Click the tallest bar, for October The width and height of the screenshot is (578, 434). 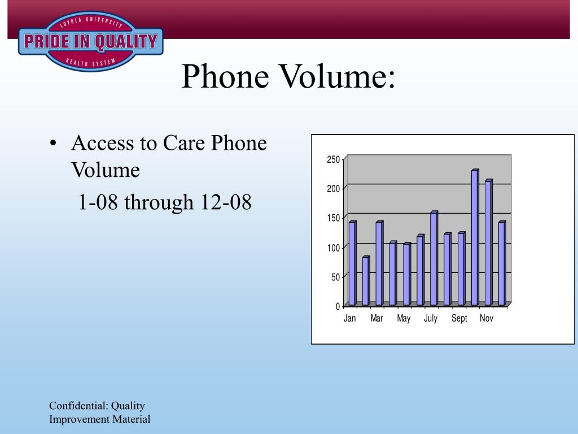tap(475, 237)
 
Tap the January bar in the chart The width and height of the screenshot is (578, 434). tap(352, 263)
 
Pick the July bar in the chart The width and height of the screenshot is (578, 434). tap(434, 258)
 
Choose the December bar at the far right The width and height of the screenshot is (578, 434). tap(502, 263)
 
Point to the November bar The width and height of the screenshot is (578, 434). tap(489, 242)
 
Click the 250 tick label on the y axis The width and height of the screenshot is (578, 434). tap(333, 159)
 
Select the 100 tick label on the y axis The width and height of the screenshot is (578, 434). tap(333, 248)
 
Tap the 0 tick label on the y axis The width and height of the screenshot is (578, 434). tap(338, 306)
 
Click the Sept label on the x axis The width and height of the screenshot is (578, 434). tap(459, 319)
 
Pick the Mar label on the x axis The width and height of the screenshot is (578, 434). tap(376, 318)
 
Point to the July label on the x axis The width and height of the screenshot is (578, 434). tap(431, 319)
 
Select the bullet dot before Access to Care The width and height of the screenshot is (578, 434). tap(53, 143)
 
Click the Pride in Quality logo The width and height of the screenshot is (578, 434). tap(91, 41)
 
